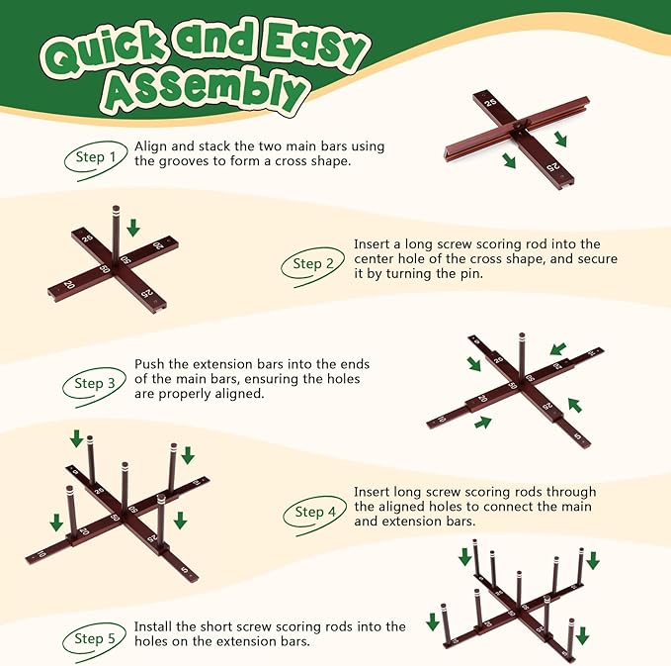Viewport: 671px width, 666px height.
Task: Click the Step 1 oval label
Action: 96,158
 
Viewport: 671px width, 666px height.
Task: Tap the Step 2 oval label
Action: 312,264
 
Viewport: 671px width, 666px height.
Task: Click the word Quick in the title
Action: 104,53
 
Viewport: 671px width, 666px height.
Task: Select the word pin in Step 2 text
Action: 472,274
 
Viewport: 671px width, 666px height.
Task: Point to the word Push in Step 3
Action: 149,364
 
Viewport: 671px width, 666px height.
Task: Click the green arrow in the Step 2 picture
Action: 133,228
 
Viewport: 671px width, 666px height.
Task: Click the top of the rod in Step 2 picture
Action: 116,209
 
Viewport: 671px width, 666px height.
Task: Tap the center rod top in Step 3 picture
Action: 522,335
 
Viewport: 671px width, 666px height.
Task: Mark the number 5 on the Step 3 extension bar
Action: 578,436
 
